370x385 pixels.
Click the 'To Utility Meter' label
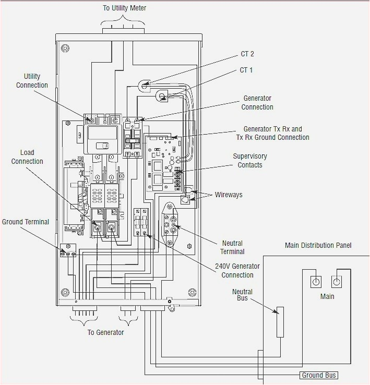(124, 8)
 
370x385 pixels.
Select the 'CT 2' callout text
(247, 54)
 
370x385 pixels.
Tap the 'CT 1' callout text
(246, 70)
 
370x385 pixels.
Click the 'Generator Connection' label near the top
(257, 102)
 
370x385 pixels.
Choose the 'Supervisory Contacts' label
(250, 160)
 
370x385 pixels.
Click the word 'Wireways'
(229, 195)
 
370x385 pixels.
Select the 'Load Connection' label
(27, 157)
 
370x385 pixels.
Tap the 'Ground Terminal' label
(26, 222)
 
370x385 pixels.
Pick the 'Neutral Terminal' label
(232, 247)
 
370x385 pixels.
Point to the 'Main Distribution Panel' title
(318, 245)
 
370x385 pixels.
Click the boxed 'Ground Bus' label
(319, 375)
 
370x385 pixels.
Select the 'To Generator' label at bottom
(106, 332)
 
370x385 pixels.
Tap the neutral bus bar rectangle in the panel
(280, 322)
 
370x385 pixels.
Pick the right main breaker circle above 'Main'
(337, 282)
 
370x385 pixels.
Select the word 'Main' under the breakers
(327, 296)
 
